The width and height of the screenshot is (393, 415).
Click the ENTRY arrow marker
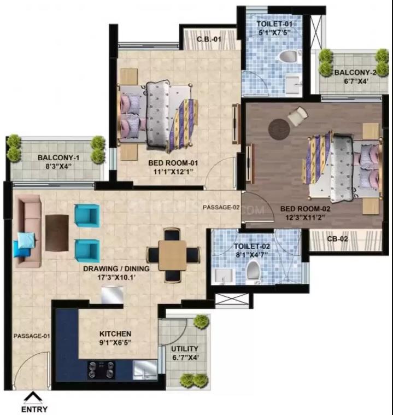point(34,397)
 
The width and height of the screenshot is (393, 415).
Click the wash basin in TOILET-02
point(222,275)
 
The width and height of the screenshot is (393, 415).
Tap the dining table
point(172,255)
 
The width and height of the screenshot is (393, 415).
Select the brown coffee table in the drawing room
point(57,232)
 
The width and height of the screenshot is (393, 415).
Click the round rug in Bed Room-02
point(279,129)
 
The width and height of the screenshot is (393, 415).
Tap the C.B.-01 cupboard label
point(209,39)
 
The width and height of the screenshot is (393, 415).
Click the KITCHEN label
point(114,334)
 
